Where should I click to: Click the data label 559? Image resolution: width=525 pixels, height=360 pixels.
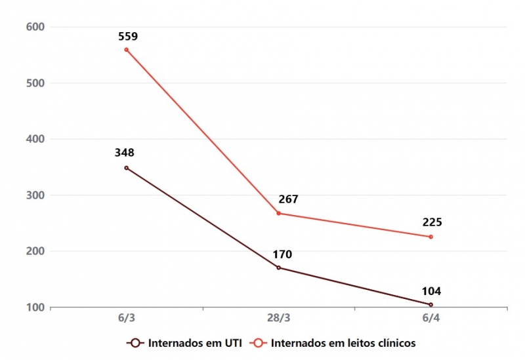click(x=128, y=37)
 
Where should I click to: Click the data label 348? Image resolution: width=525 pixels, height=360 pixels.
click(x=125, y=153)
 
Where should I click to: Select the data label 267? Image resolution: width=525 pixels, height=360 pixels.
click(x=289, y=199)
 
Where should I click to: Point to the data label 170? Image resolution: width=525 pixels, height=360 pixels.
click(x=282, y=254)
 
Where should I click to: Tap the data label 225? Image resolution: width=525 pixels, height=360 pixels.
click(x=432, y=223)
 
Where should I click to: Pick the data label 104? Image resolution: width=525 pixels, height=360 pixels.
click(x=432, y=291)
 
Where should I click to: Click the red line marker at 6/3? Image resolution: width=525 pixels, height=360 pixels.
click(x=126, y=50)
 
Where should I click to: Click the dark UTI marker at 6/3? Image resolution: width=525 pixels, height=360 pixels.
click(x=126, y=168)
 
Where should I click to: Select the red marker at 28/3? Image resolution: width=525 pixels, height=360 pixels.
click(x=278, y=213)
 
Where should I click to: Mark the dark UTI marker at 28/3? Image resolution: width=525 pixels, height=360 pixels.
click(x=278, y=268)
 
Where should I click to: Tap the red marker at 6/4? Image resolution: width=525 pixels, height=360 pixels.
click(x=430, y=237)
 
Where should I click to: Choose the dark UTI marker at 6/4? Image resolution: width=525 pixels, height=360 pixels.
click(x=430, y=304)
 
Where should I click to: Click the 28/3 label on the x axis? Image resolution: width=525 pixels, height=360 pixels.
click(x=278, y=318)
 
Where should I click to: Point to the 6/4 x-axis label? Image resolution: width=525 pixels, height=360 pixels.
click(x=430, y=318)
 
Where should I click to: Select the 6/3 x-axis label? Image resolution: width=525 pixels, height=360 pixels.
click(x=126, y=318)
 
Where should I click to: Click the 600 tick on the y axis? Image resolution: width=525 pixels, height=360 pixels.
click(x=35, y=27)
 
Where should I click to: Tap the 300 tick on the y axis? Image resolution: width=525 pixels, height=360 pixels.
click(x=35, y=195)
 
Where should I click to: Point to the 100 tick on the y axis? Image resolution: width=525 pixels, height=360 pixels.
click(x=35, y=307)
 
